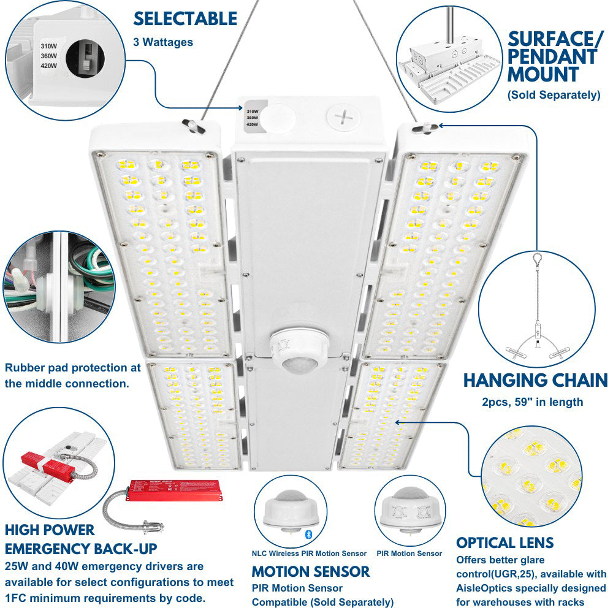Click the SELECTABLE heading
(x=185, y=19)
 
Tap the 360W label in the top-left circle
(x=49, y=56)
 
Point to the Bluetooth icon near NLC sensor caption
(x=309, y=535)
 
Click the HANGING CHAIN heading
(x=535, y=380)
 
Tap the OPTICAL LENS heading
(x=504, y=543)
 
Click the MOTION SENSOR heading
(x=311, y=572)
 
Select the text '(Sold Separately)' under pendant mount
(x=554, y=95)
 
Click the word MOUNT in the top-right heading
(x=543, y=75)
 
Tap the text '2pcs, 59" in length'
(x=532, y=402)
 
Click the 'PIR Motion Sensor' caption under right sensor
(x=409, y=554)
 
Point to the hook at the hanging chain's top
(x=537, y=260)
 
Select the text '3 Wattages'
(x=163, y=42)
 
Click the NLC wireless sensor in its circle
(x=286, y=511)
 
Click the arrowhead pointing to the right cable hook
(x=439, y=126)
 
